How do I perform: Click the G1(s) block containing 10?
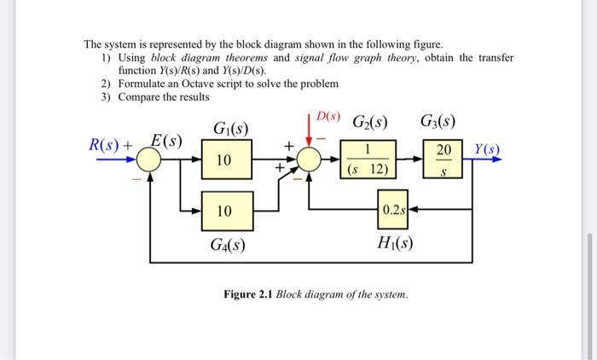click(223, 160)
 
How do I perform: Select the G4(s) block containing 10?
click(223, 210)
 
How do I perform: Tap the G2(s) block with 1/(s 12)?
click(368, 160)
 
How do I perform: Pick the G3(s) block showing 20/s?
click(443, 160)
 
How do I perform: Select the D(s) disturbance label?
click(327, 115)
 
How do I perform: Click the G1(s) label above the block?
click(229, 131)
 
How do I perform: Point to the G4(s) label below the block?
click(228, 245)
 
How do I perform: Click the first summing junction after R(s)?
click(150, 160)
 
